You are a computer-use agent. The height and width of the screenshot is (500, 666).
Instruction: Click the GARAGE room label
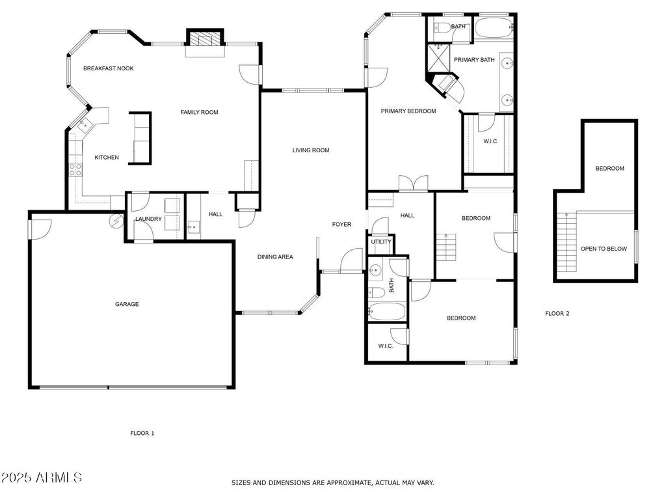click(x=127, y=304)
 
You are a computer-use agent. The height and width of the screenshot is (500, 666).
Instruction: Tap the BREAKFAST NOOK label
click(x=109, y=68)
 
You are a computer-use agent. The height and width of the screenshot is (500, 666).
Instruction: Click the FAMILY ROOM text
click(x=199, y=112)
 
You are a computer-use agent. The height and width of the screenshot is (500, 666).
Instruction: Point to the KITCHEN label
click(x=107, y=158)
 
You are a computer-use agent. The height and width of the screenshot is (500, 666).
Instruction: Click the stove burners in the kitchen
click(x=75, y=170)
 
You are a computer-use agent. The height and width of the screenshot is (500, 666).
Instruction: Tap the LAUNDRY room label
click(x=148, y=219)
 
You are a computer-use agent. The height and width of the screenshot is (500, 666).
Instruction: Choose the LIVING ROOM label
click(x=311, y=150)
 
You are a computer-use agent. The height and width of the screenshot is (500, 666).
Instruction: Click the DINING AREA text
click(x=275, y=257)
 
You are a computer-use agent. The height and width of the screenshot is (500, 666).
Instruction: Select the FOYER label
click(x=341, y=224)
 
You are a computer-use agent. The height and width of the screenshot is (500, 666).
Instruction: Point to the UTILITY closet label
click(x=381, y=242)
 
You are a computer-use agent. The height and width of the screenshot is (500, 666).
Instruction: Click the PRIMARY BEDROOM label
click(x=408, y=111)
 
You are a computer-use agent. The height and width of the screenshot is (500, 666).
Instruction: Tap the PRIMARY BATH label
click(x=474, y=60)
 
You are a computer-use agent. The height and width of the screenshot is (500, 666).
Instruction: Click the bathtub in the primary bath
click(x=494, y=27)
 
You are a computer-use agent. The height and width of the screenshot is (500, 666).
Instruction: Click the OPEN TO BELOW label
click(x=604, y=249)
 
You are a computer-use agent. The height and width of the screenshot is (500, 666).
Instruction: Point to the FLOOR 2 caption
click(x=557, y=313)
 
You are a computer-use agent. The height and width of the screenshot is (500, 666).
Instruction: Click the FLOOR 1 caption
click(x=142, y=433)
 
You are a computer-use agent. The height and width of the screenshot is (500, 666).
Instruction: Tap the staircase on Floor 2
click(x=566, y=242)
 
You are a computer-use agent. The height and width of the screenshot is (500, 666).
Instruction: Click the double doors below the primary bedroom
click(x=413, y=183)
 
